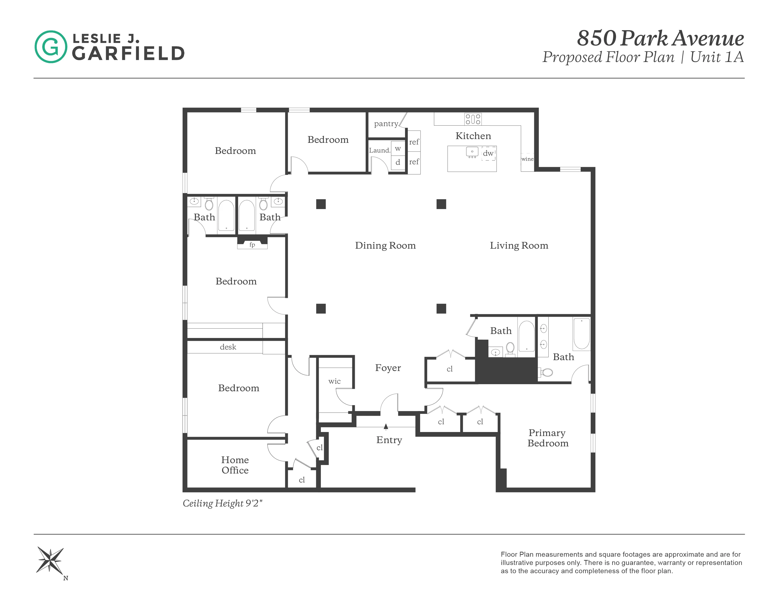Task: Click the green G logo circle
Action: coord(51,47)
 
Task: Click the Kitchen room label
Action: coord(473,136)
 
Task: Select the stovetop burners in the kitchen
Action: coord(473,119)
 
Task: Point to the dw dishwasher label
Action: coord(488,153)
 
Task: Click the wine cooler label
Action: coord(527,159)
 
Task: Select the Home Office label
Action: coord(235,465)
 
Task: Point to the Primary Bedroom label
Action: coord(547,438)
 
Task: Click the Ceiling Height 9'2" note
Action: coord(222,503)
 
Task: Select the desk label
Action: coord(228,347)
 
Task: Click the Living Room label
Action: coord(519,245)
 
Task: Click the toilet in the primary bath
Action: coord(547,372)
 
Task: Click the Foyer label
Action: coord(388,368)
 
